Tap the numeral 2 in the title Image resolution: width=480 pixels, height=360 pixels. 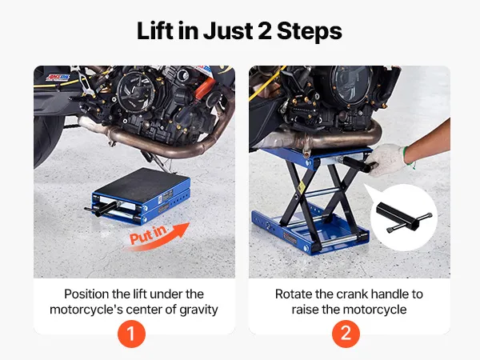(x=265, y=31)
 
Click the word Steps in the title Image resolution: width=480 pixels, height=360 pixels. (x=310, y=31)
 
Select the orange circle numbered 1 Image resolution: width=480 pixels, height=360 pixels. (x=131, y=334)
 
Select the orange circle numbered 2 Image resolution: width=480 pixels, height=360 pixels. (x=346, y=334)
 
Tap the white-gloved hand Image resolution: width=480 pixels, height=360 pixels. (x=386, y=159)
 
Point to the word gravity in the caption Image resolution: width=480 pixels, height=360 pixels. (x=198, y=310)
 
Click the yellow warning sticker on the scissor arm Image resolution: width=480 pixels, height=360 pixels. (x=302, y=186)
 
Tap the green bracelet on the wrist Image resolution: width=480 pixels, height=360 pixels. (x=408, y=157)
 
